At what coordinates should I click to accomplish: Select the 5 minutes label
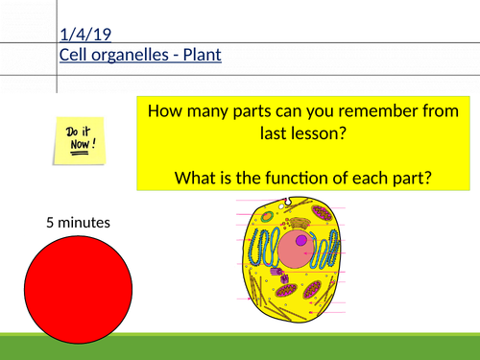pyautogui.click(x=78, y=223)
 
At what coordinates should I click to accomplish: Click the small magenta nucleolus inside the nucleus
pyautogui.click(x=302, y=240)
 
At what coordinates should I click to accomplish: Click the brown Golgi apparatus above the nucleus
pyautogui.click(x=300, y=223)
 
